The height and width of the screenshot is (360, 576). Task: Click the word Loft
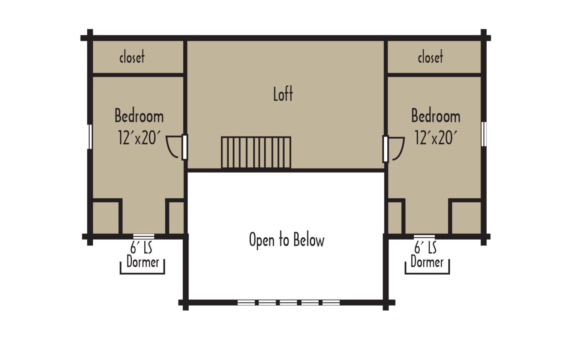283,94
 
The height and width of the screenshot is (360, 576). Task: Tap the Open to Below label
287,240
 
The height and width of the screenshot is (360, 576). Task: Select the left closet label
132,57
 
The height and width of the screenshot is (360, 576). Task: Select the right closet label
430,57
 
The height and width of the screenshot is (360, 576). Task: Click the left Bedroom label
139,115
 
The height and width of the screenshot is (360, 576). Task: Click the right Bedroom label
436,115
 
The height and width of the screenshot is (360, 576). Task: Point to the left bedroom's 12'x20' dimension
139,138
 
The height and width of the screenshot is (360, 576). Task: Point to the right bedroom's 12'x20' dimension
436,138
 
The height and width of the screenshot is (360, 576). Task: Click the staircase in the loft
256,153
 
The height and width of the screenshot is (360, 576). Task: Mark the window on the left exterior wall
90,136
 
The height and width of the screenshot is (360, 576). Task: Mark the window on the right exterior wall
484,134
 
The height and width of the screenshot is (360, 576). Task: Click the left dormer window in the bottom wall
144,237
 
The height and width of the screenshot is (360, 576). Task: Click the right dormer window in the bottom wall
424,237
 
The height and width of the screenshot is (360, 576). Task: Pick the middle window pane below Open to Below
288,302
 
